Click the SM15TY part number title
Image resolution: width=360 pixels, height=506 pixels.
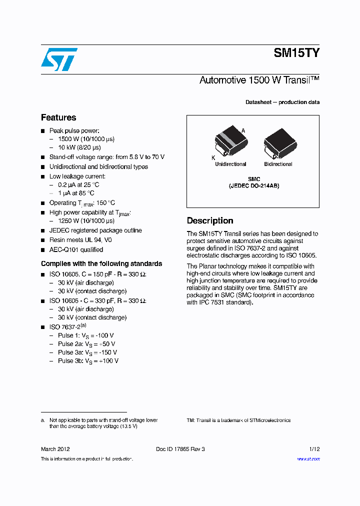(x=296, y=53)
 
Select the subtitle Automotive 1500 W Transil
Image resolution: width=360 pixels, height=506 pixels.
(x=259, y=80)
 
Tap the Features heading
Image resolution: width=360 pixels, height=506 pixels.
(x=58, y=118)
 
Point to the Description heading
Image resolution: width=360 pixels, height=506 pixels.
(x=210, y=221)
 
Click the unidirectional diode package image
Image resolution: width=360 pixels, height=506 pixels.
(x=230, y=142)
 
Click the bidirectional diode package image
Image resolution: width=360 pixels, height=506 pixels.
(x=278, y=142)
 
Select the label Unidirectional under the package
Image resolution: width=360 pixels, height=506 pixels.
(x=230, y=164)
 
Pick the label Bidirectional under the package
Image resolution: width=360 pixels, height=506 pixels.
(x=278, y=164)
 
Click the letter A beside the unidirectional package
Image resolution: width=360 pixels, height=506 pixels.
(x=243, y=130)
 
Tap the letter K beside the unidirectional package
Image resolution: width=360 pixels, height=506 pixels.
(x=213, y=157)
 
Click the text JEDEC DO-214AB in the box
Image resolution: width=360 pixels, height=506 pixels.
(x=254, y=185)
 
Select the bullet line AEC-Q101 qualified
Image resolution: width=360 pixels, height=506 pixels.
(x=76, y=249)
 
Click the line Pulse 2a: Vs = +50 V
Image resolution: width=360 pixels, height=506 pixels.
(x=86, y=344)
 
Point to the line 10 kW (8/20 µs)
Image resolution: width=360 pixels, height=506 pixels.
(x=79, y=147)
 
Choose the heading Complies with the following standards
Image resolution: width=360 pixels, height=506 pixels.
(x=101, y=263)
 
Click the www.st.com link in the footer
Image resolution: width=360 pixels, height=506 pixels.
(x=308, y=459)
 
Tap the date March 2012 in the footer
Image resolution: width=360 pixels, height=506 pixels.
(x=55, y=449)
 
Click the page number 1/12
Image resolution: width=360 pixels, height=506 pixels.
(x=314, y=449)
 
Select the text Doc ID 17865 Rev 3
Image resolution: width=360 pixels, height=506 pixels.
(x=180, y=449)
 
